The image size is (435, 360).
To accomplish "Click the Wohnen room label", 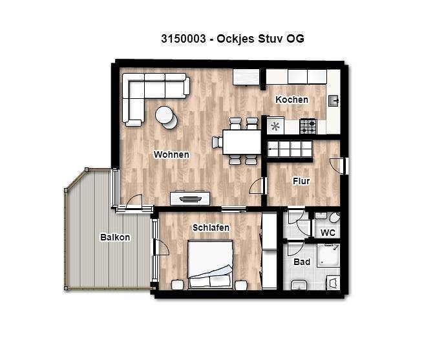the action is (x=171, y=154).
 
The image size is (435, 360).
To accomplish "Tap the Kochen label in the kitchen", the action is (x=292, y=100).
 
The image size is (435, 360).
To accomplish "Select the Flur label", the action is (x=301, y=181).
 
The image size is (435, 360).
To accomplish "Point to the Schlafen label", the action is (x=211, y=228).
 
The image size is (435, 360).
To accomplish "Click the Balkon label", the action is (x=115, y=237).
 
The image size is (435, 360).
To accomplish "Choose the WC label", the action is (x=328, y=233).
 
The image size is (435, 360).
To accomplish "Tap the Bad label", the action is (x=302, y=262).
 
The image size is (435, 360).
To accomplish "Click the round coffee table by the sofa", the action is (x=167, y=118).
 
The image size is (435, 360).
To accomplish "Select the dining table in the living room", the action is (x=242, y=142).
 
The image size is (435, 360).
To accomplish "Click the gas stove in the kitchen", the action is (x=308, y=126).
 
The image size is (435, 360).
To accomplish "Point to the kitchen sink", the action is (x=334, y=101).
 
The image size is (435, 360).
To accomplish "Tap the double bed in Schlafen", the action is (x=210, y=264).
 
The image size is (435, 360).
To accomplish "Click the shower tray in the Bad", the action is (x=328, y=255).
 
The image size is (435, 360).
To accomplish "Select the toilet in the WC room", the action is (x=335, y=217).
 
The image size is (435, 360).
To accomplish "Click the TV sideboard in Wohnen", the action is (x=190, y=198).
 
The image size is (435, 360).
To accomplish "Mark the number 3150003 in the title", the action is (x=184, y=39).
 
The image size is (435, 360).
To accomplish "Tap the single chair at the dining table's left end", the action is (x=217, y=142).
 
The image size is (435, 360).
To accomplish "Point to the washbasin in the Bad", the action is (x=299, y=285).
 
